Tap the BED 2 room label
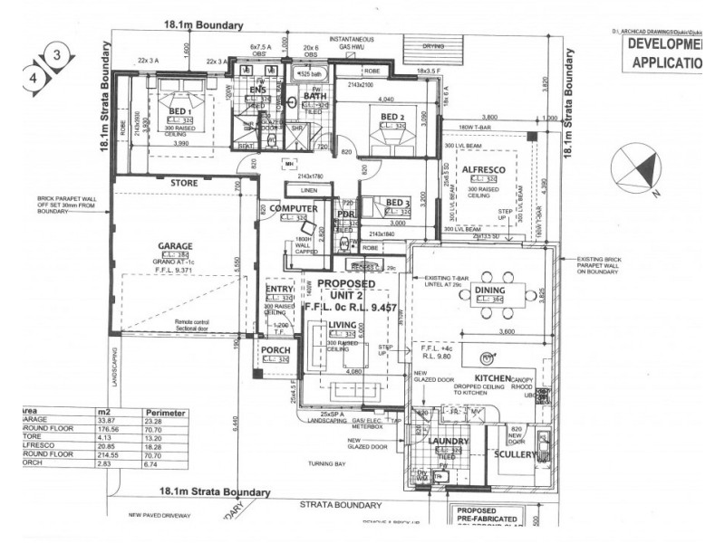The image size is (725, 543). pos(391,117)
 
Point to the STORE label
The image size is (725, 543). pos(184,183)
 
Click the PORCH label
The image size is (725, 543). pos(275,350)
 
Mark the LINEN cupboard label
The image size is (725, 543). pos(308,189)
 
